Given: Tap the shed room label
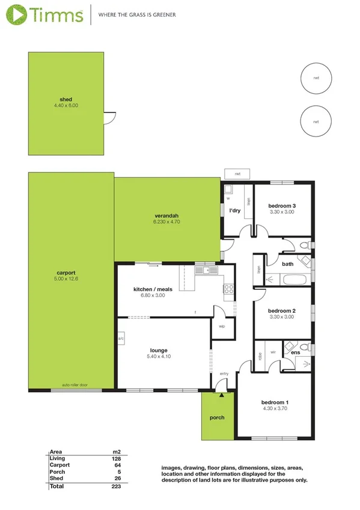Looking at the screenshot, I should click(66, 99).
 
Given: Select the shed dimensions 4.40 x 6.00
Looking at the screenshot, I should click(66, 106).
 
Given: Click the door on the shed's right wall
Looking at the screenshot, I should click(109, 118).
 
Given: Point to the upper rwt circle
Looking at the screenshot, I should click(316, 78).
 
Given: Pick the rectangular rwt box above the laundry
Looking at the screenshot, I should click(237, 174).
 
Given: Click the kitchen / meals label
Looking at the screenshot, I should click(153, 289).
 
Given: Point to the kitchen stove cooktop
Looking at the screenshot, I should click(228, 290).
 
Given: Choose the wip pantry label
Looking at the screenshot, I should click(221, 327).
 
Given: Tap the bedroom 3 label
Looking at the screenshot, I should click(282, 206).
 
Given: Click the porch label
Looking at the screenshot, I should click(216, 417).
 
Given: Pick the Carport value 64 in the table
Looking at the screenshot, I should click(117, 465).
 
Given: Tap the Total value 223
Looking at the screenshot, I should click(116, 486).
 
